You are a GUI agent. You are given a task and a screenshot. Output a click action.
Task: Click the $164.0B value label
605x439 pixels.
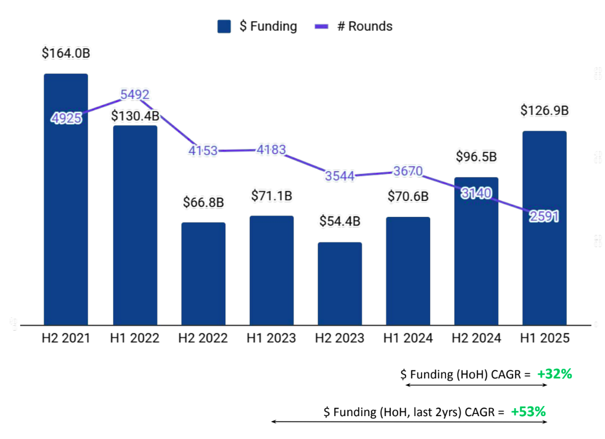66,54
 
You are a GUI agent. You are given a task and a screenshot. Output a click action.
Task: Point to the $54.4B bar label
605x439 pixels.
340,221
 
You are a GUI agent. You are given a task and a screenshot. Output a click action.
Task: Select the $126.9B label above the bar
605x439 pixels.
544,111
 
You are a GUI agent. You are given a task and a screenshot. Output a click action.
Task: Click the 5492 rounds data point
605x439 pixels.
135,95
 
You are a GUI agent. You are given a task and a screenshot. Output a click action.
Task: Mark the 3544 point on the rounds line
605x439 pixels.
340,176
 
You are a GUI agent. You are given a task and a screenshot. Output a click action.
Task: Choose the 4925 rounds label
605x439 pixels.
66,118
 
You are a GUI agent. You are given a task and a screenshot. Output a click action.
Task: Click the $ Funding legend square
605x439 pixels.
224,27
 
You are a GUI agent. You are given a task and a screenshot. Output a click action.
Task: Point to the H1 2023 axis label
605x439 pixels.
271,338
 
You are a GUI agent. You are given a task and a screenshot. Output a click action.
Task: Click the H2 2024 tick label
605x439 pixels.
476,338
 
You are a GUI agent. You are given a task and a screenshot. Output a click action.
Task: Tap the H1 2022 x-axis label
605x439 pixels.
135,338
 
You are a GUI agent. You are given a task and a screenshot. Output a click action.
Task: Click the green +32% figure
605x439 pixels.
554,374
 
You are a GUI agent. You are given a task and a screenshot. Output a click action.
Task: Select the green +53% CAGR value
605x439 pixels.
528,411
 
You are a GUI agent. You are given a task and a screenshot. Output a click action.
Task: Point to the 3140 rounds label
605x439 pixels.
476,193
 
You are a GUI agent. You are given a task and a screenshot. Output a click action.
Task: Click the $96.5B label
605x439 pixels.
476,157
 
